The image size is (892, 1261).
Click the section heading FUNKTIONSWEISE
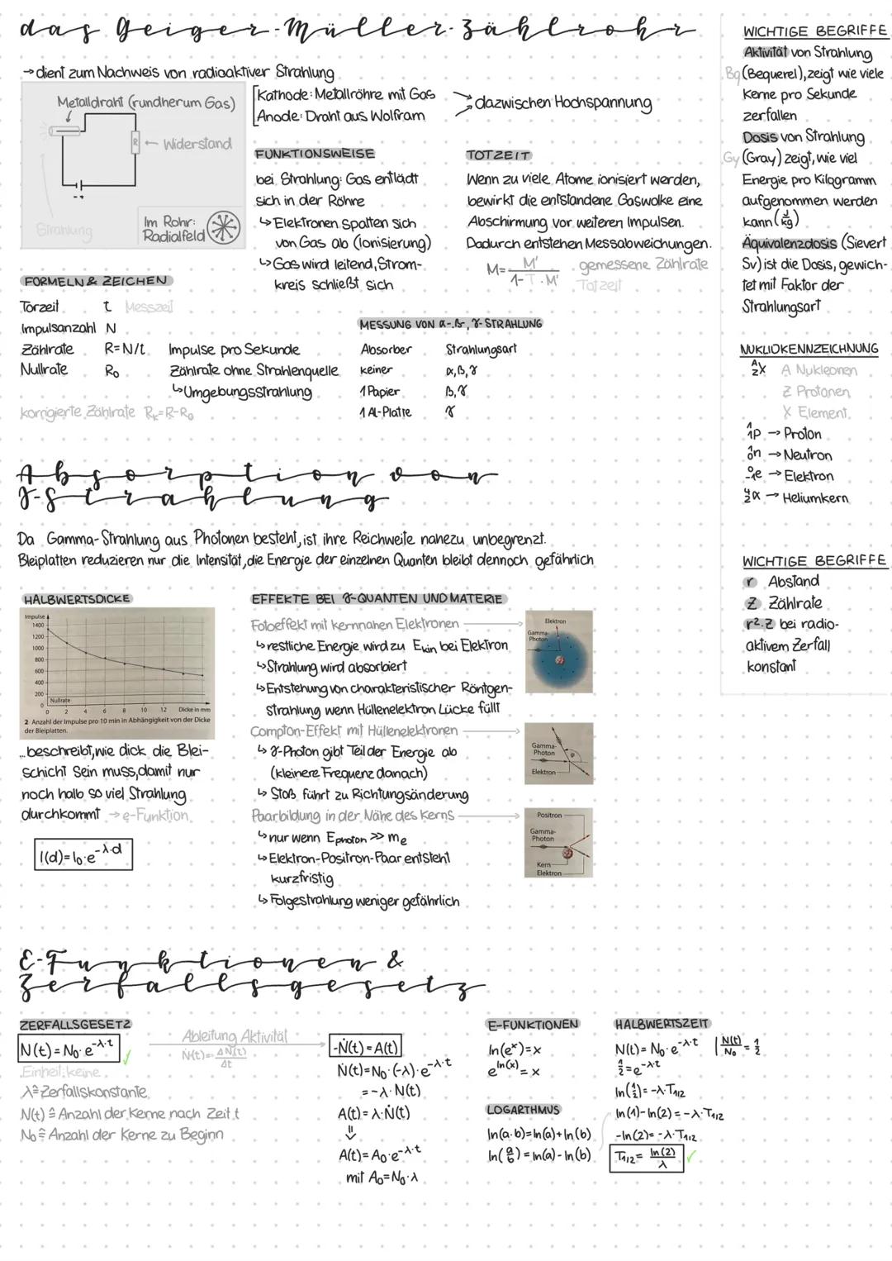(315, 154)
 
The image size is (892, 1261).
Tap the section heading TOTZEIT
(498, 155)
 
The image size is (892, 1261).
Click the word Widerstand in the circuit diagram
(197, 144)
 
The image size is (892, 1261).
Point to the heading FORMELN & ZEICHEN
(96, 281)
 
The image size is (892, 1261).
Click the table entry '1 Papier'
(380, 391)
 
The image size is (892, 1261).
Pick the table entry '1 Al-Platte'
(385, 412)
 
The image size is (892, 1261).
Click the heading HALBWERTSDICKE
(77, 598)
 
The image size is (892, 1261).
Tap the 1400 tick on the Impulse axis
(38, 626)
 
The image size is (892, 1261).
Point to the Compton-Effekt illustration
(558, 754)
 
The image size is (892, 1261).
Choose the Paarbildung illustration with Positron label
(558, 843)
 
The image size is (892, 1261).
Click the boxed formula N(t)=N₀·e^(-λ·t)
(69, 1050)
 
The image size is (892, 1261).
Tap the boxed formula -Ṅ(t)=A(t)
(365, 1047)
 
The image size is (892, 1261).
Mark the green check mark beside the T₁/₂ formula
(692, 1157)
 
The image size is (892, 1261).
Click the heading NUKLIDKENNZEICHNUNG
(809, 349)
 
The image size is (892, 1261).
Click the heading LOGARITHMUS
(523, 1110)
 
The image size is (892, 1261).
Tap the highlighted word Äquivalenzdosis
(789, 243)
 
